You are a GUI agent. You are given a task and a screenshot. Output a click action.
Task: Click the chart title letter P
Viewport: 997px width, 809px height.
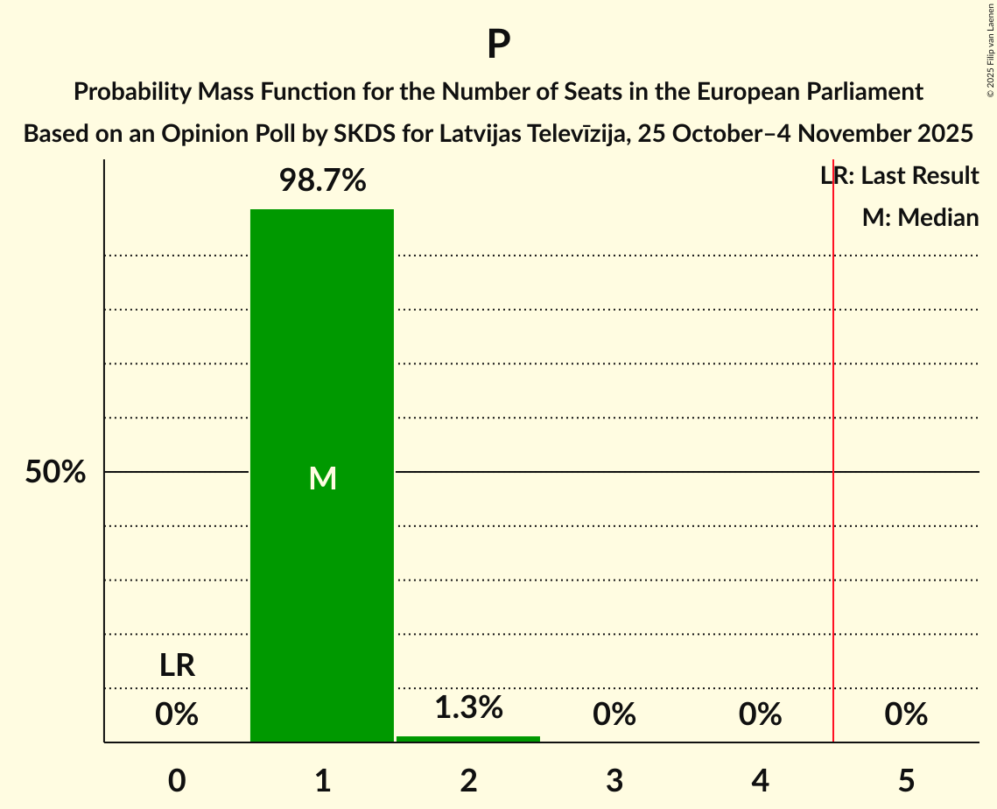498,45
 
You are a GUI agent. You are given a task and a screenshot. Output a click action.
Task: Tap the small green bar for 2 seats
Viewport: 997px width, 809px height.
468,739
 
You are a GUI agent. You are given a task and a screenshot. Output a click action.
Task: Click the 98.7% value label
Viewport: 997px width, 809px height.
322,181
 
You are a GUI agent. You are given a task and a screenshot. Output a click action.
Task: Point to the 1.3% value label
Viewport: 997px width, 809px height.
468,707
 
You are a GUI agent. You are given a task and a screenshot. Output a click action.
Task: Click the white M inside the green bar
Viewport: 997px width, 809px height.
322,478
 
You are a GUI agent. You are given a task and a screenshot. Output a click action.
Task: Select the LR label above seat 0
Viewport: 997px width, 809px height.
177,665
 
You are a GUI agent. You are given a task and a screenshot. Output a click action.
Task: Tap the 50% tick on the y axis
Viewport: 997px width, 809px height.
55,473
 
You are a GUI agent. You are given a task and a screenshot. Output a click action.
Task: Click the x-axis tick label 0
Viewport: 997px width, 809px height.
177,780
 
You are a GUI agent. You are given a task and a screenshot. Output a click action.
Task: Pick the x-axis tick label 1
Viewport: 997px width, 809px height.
322,780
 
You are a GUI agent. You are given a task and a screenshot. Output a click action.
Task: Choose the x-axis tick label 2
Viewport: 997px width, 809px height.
468,780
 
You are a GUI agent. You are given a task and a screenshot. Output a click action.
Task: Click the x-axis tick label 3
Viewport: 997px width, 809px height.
614,780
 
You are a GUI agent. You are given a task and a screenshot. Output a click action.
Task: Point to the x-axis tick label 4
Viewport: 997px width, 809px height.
760,780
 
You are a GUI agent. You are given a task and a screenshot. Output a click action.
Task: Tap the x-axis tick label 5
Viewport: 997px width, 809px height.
906,780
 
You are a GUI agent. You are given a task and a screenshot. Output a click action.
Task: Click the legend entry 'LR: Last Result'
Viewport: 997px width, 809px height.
899,176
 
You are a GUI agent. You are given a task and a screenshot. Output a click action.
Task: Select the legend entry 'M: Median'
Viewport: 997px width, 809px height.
920,218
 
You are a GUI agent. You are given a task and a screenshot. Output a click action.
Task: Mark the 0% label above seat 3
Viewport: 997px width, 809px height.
614,715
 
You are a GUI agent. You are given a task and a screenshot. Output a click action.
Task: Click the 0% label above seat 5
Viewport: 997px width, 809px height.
906,715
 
